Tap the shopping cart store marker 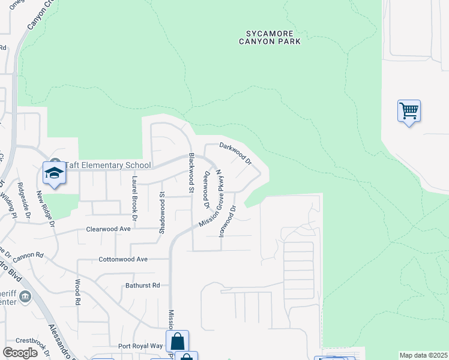[409, 111]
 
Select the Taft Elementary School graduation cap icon [54, 174]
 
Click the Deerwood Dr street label [206, 188]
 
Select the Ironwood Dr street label [228, 221]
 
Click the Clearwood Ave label [109, 229]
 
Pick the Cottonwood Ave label [123, 260]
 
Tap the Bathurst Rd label [143, 286]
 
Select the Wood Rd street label [77, 292]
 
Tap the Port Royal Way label [140, 346]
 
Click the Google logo [20, 353]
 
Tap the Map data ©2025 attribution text [423, 355]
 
